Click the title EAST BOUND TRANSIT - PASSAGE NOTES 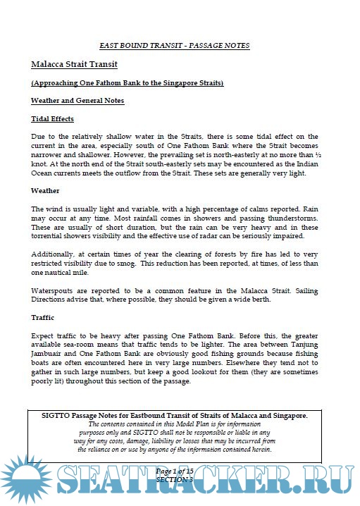tap(174, 46)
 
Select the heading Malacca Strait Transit tap(73, 64)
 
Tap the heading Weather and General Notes tap(77, 101)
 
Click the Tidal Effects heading tap(52, 118)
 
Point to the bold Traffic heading tap(43, 318)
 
